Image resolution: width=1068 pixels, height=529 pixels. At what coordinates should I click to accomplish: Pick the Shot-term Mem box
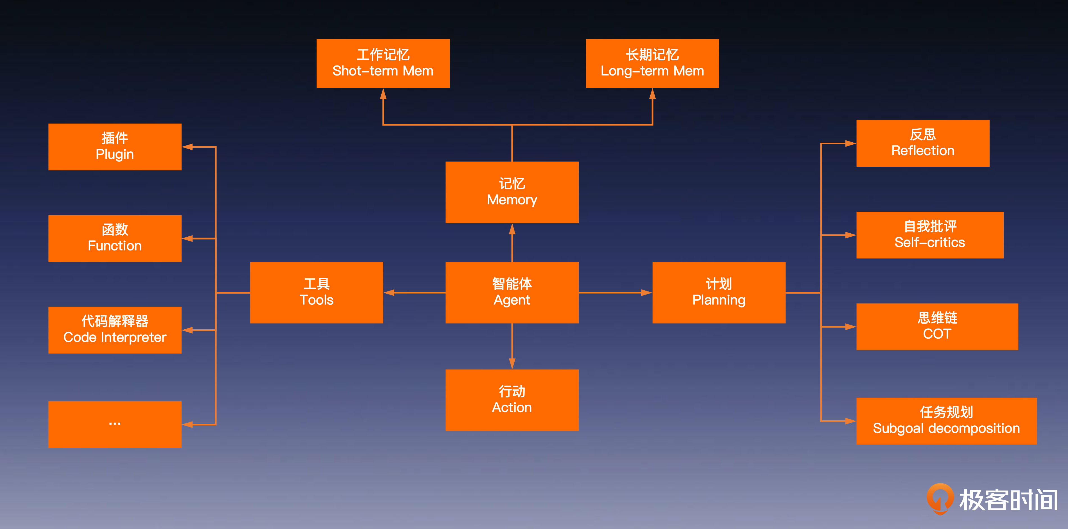[383, 63]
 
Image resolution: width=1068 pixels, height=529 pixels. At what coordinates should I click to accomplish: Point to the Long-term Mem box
[652, 63]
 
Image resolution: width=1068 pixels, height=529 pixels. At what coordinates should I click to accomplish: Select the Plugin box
[115, 147]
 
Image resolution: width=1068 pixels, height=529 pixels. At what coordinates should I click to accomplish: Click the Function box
[115, 238]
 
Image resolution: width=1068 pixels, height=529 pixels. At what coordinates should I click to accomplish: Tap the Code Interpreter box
[115, 330]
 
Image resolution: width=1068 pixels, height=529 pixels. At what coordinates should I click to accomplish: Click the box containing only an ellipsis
[115, 424]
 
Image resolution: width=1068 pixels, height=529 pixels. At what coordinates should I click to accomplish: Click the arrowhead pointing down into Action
[512, 364]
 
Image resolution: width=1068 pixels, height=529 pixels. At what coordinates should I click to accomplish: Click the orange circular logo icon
[940, 498]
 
